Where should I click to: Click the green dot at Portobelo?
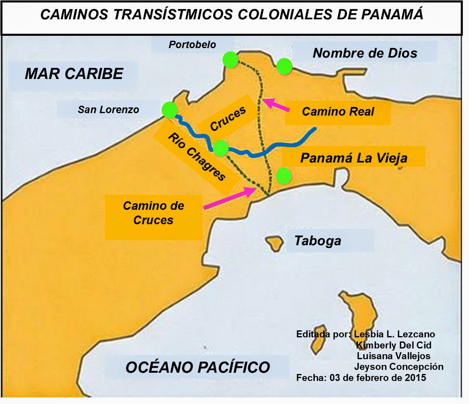click(230, 60)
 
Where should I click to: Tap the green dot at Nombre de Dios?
click(284, 66)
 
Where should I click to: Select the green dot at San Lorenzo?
click(169, 110)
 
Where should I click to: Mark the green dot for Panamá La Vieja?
click(283, 176)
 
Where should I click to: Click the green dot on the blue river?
click(221, 147)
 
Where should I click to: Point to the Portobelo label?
click(192, 45)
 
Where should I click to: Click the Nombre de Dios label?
click(365, 53)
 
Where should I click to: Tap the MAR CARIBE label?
click(74, 74)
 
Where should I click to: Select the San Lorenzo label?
click(108, 110)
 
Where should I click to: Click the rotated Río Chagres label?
click(196, 157)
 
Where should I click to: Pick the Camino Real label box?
click(338, 112)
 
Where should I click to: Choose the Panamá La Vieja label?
click(353, 158)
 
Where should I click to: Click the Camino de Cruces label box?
click(153, 213)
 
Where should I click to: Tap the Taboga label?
click(318, 241)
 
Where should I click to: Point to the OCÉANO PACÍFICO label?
click(197, 367)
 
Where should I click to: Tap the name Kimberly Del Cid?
click(393, 345)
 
